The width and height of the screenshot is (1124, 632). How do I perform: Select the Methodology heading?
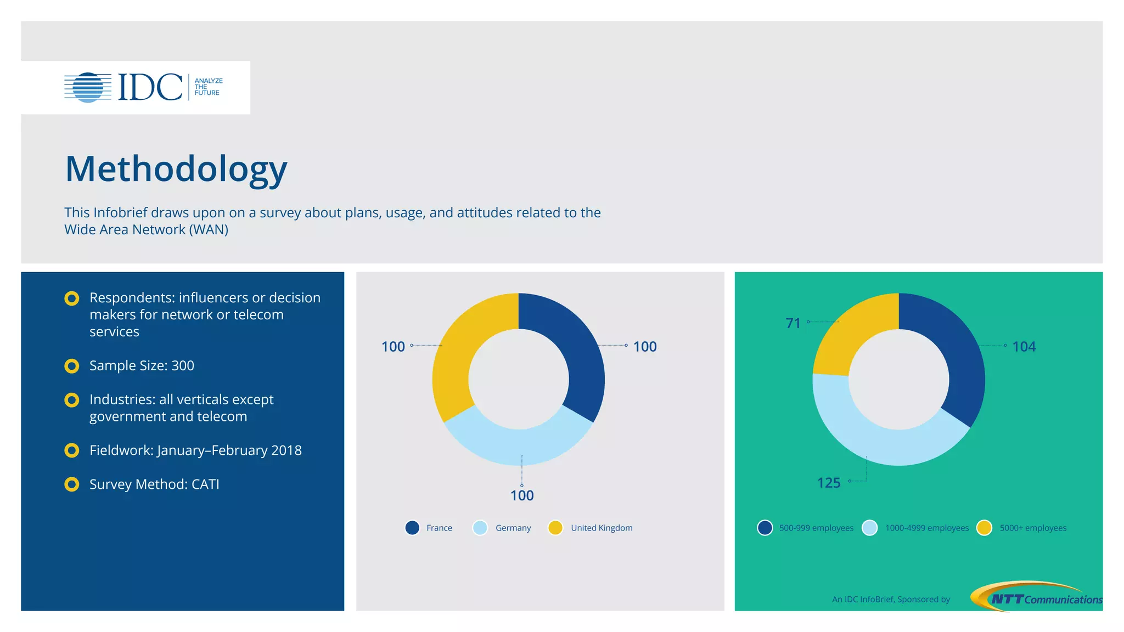[x=176, y=169]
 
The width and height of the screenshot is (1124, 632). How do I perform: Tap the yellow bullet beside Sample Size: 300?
[x=72, y=366]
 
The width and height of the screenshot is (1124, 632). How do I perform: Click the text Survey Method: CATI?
[x=154, y=484]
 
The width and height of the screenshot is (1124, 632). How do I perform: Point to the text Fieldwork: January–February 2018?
[x=195, y=450]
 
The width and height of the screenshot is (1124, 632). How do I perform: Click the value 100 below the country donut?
[x=522, y=496]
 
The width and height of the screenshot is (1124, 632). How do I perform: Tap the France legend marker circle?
[x=412, y=528]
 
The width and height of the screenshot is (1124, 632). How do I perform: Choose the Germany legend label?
[x=513, y=528]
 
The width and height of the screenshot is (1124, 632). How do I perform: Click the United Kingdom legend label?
[x=602, y=528]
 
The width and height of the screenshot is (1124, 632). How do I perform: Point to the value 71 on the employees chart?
[x=793, y=323]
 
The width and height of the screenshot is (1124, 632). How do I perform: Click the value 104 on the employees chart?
[x=1024, y=347]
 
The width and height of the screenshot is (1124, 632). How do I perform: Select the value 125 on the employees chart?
[x=829, y=483]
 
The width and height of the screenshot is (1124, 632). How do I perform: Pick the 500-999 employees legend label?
[x=816, y=528]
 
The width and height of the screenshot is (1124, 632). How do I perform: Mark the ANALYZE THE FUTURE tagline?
[x=209, y=87]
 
